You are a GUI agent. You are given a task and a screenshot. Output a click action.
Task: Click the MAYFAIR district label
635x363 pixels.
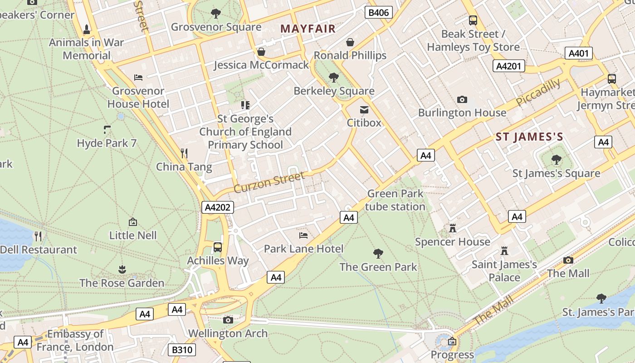pyautogui.click(x=308, y=29)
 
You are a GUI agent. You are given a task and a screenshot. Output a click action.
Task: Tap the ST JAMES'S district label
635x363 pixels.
pyautogui.click(x=529, y=137)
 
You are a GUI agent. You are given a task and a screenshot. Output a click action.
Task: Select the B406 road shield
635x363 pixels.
pyautogui.click(x=378, y=12)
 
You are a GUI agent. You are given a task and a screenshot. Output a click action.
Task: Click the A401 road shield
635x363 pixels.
pyautogui.click(x=579, y=54)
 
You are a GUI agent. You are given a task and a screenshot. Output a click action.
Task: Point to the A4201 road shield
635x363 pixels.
pyautogui.click(x=508, y=66)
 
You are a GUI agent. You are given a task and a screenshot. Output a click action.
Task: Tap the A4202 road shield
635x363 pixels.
pyautogui.click(x=218, y=207)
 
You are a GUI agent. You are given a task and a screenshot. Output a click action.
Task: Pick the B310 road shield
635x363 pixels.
pyautogui.click(x=182, y=350)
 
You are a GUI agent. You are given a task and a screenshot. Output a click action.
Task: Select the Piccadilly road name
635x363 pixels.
pyautogui.click(x=538, y=93)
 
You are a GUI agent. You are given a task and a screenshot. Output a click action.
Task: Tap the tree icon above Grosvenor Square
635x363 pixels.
pyautogui.click(x=216, y=14)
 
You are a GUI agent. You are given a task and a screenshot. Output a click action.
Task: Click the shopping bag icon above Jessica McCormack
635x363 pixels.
pyautogui.click(x=261, y=52)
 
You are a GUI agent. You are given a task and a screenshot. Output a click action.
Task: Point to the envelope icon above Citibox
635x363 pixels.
pyautogui.click(x=364, y=109)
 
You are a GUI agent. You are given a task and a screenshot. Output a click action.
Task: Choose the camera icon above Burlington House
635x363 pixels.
pyautogui.click(x=462, y=99)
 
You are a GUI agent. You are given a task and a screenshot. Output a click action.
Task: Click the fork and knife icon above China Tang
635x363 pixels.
pyautogui.click(x=184, y=153)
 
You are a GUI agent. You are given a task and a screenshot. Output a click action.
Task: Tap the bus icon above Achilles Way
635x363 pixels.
pyautogui.click(x=218, y=247)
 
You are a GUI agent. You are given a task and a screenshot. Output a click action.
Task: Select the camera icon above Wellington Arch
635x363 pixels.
pyautogui.click(x=228, y=320)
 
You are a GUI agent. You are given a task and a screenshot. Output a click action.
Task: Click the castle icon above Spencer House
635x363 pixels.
pyautogui.click(x=452, y=228)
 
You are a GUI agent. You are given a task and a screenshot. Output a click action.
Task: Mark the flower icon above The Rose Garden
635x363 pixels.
pyautogui.click(x=122, y=270)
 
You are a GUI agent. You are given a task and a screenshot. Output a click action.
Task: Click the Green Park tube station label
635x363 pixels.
pyautogui.click(x=395, y=200)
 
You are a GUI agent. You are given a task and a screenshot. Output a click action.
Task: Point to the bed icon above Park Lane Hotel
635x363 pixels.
pyautogui.click(x=303, y=235)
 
